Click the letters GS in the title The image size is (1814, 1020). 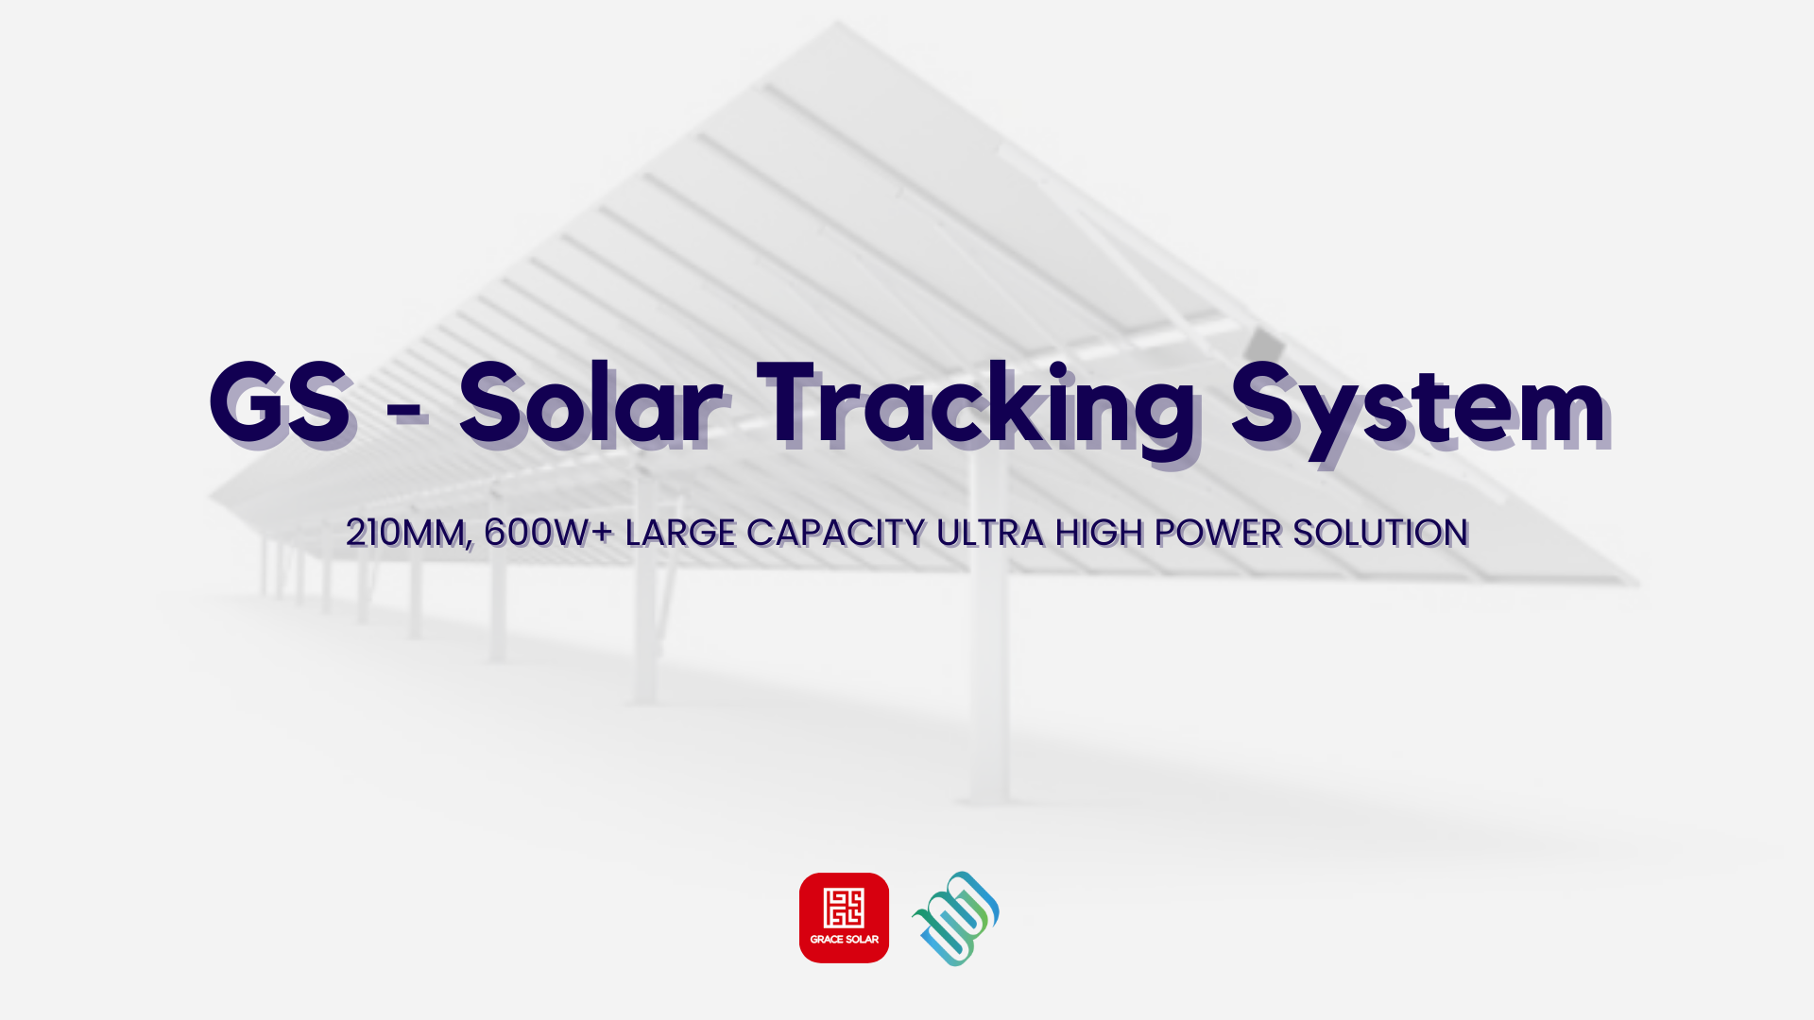tap(282, 403)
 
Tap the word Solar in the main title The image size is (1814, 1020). tap(591, 403)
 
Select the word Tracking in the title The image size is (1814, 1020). tap(978, 411)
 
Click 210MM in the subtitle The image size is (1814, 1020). tap(408, 534)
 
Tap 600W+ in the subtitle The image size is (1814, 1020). tap(549, 533)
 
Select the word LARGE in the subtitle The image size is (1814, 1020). tap(680, 533)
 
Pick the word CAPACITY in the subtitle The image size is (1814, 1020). tap(836, 533)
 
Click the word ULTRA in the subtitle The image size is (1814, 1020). tap(990, 533)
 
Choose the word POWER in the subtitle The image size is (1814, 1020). tap(1218, 533)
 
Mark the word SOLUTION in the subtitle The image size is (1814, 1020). tap(1380, 533)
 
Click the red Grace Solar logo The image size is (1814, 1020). tap(844, 918)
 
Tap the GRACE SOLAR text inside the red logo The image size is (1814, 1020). tap(844, 940)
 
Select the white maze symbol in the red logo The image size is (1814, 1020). tap(844, 908)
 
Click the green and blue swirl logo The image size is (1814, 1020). tap(955, 918)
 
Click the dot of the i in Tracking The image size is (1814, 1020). tap(1059, 369)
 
